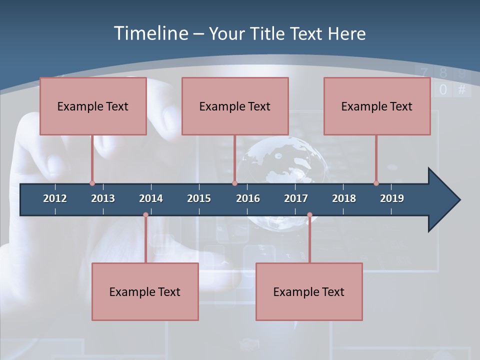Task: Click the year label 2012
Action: pyautogui.click(x=55, y=198)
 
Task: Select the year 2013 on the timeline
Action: pyautogui.click(x=103, y=198)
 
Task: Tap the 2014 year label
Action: pyautogui.click(x=151, y=198)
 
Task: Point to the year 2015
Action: pyautogui.click(x=199, y=198)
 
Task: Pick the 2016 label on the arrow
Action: pyautogui.click(x=248, y=198)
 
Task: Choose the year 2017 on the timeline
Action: pyautogui.click(x=296, y=198)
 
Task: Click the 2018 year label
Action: pyautogui.click(x=344, y=198)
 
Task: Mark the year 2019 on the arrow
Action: pyautogui.click(x=392, y=198)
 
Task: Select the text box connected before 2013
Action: pyautogui.click(x=93, y=106)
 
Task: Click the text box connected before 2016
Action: pyautogui.click(x=235, y=106)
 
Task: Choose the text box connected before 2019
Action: pyautogui.click(x=377, y=106)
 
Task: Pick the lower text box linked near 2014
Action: pyautogui.click(x=145, y=291)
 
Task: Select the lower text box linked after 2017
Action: pyautogui.click(x=309, y=291)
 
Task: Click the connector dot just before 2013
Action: pyautogui.click(x=92, y=183)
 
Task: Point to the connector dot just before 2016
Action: pyautogui.click(x=234, y=183)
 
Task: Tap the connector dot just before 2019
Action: pyautogui.click(x=376, y=183)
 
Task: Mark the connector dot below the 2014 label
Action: pyautogui.click(x=145, y=215)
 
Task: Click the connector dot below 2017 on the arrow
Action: pyautogui.click(x=309, y=215)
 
